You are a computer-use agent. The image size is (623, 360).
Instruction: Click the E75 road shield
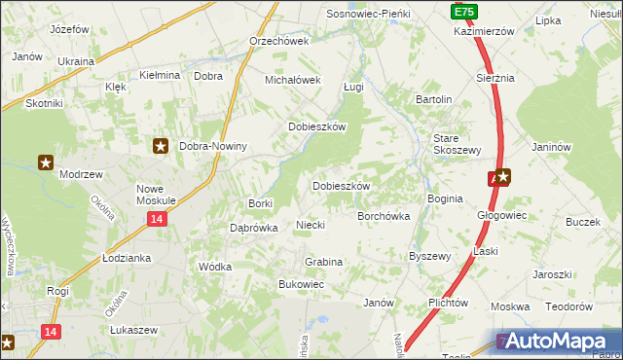(463, 11)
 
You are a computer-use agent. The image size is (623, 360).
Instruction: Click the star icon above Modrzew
(46, 162)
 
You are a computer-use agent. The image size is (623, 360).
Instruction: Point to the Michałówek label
(293, 80)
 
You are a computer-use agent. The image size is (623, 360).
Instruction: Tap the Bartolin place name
(434, 99)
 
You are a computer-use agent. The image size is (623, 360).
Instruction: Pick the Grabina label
(323, 262)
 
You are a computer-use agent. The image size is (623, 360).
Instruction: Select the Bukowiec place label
(301, 284)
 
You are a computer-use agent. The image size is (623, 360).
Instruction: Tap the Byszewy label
(429, 257)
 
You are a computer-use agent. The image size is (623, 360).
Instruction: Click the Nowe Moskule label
(156, 194)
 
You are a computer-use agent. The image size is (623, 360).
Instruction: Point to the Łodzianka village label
(127, 258)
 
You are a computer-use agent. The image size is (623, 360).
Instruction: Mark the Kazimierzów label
(484, 31)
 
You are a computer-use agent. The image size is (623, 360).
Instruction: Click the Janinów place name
(550, 148)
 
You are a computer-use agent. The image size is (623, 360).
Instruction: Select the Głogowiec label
(501, 215)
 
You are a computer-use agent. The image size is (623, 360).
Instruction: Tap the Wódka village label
(214, 266)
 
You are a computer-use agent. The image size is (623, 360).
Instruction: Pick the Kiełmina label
(161, 75)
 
